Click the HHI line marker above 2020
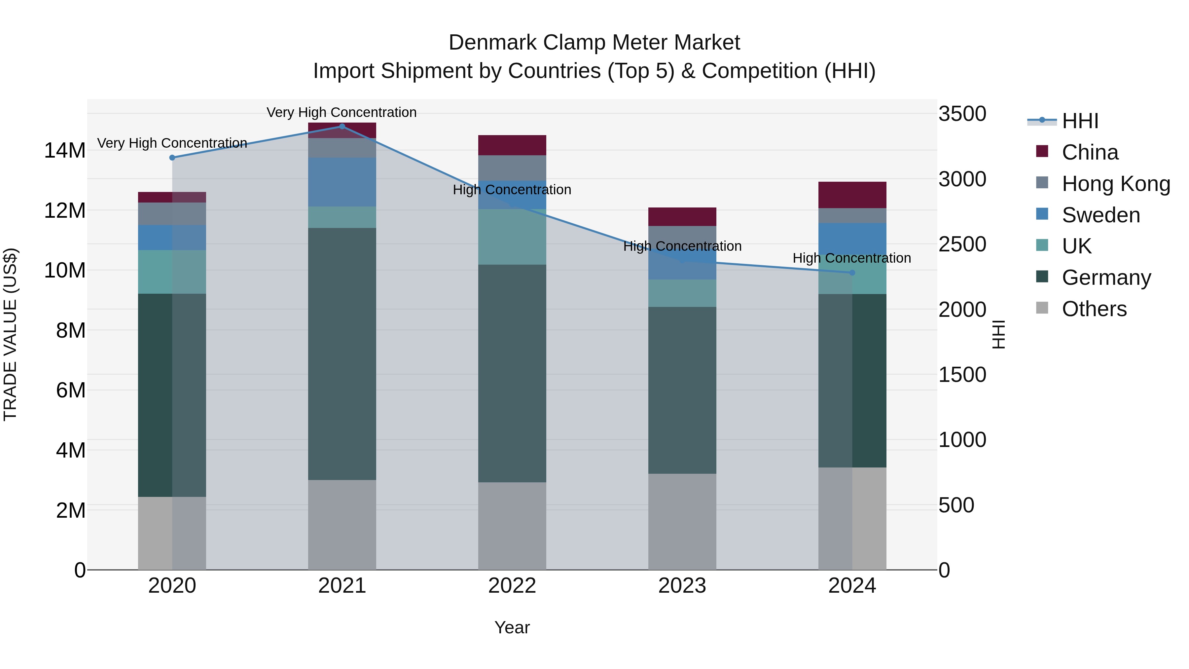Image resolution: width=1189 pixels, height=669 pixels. point(172,158)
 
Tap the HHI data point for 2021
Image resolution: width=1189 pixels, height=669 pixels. point(342,126)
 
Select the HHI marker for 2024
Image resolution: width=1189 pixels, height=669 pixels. point(852,273)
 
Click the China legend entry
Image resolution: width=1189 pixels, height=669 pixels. point(1090,152)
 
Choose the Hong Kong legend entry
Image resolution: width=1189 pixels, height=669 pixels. point(1116,184)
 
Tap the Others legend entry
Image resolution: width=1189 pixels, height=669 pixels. point(1094,309)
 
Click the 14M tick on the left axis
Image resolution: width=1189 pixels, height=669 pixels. point(65,151)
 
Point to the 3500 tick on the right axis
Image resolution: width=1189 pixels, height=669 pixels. point(962,114)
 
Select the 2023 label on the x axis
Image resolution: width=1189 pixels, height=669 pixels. point(682,586)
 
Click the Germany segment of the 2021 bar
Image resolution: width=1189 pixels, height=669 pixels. point(342,353)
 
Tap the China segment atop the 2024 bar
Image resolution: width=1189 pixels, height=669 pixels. point(852,195)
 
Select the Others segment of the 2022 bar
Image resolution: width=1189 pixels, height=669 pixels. point(512,526)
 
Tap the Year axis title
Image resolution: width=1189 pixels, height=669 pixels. point(512,627)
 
